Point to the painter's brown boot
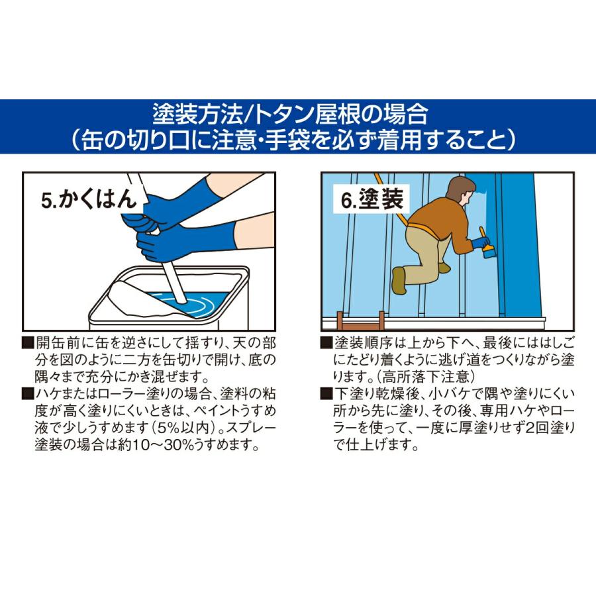pyautogui.click(x=399, y=279)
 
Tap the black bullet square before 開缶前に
pyautogui.click(x=27, y=344)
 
